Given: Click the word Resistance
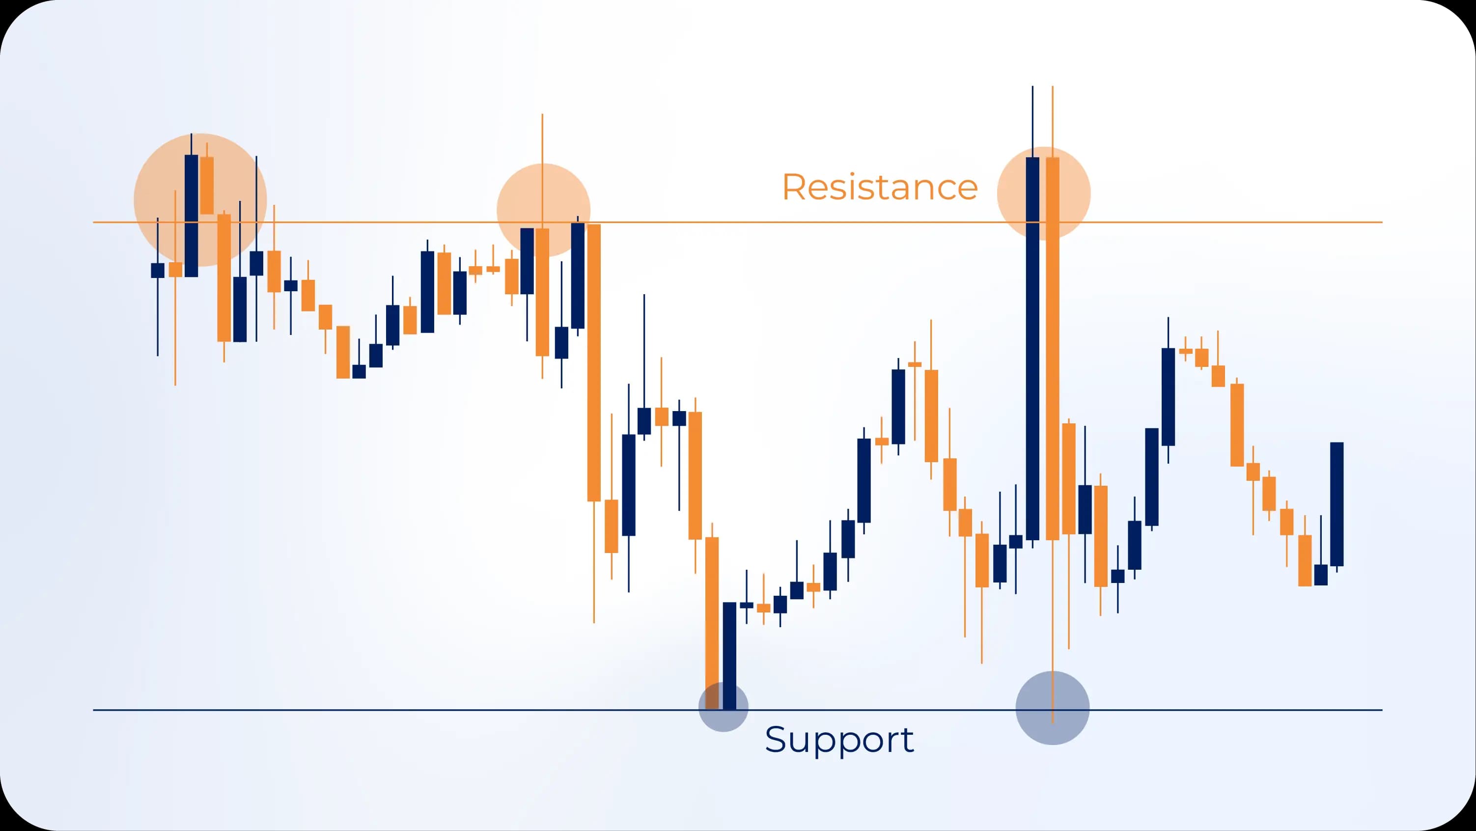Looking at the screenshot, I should pyautogui.click(x=880, y=188).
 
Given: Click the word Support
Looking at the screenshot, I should pyautogui.click(x=839, y=740).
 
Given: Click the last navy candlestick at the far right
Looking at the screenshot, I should pyautogui.click(x=1337, y=504).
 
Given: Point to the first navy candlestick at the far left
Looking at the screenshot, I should pyautogui.click(x=158, y=271).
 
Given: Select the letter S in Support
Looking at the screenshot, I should pyautogui.click(x=777, y=739).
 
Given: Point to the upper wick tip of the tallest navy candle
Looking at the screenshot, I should pyautogui.click(x=1032, y=87).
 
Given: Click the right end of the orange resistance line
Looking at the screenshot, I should pyautogui.click(x=1381, y=222).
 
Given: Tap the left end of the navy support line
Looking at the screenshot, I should pyautogui.click(x=94, y=710).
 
